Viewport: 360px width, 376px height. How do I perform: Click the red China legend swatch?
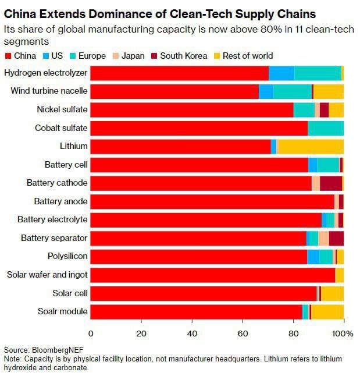point(8,56)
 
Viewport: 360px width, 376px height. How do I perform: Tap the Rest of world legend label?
point(247,56)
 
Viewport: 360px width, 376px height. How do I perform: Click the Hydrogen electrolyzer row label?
point(45,73)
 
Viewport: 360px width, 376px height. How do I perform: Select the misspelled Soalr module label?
point(62,311)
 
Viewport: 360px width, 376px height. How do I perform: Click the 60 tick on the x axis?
point(242,334)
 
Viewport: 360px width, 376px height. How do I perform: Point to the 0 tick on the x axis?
point(91,334)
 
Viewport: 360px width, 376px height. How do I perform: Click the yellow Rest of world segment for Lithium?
point(311,146)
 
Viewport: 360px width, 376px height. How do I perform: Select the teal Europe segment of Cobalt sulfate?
point(326,127)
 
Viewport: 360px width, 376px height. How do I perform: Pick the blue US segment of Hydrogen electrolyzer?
point(281,73)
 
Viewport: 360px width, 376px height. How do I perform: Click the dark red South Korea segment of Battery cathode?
point(331,183)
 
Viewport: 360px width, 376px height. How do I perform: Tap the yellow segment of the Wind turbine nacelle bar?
point(329,91)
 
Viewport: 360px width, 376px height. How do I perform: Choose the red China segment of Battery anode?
point(212,201)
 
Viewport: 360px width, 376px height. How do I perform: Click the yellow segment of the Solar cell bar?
point(332,293)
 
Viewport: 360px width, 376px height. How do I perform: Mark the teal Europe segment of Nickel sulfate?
point(304,109)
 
